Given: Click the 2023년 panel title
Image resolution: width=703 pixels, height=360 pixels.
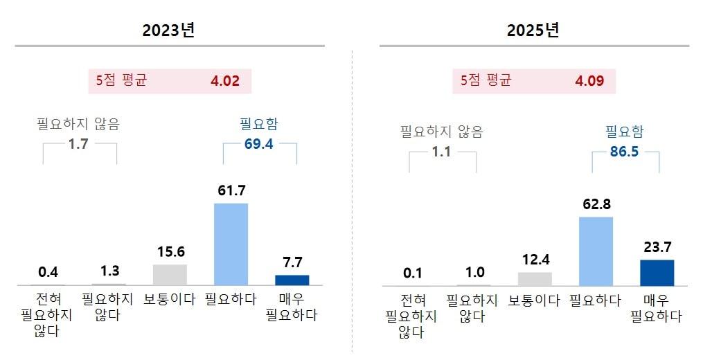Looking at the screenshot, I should coord(169,30).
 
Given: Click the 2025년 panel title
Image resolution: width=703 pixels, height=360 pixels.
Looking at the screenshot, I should coord(533,30).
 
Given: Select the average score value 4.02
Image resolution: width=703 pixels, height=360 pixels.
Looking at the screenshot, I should coord(224,81).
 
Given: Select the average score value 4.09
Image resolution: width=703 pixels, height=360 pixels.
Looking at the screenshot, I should coord(589,81).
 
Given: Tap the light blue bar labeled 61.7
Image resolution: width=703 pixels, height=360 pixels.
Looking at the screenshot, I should coord(231,244).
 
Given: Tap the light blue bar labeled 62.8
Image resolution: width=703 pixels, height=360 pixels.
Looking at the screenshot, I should coord(596,251).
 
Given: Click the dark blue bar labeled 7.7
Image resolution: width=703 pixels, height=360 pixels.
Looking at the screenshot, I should coord(292,280).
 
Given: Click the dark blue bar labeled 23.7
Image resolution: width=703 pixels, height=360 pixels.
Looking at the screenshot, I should coord(657,272).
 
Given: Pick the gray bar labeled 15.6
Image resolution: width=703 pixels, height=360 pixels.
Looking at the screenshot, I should coord(170,274).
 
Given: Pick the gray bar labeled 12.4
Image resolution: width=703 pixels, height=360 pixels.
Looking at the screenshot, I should coord(535,278).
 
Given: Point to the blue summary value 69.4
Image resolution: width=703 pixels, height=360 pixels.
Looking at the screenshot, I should coord(259,144).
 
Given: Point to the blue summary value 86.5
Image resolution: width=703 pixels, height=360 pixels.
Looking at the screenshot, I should coord(625,152).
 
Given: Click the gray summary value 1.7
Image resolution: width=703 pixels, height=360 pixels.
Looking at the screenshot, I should coord(79,144).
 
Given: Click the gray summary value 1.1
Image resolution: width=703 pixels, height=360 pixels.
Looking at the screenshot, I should coord(441,152).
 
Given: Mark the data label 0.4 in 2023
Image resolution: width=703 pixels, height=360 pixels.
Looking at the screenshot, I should coord(48,271).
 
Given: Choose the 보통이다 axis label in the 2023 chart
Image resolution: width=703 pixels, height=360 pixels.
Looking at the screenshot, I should coord(170,300).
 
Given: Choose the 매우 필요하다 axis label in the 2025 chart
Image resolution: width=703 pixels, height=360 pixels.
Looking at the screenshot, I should coord(656,308).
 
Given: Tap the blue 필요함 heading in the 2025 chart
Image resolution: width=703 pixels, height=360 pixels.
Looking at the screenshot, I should coord(624,132).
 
